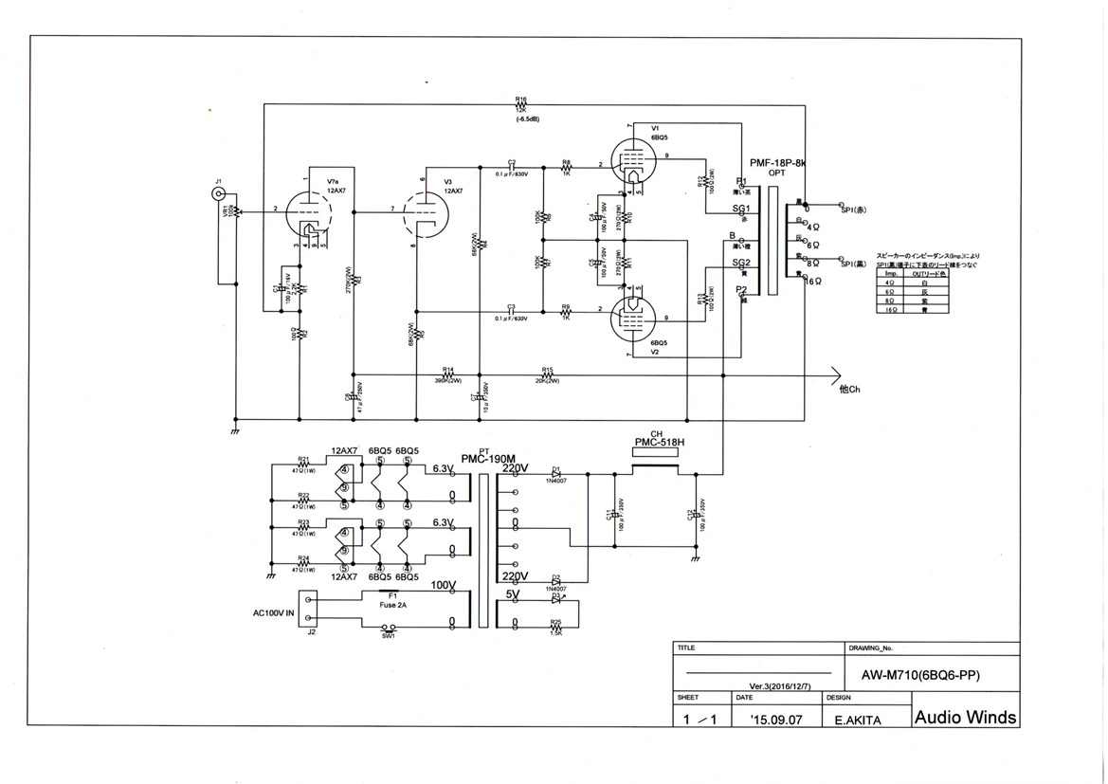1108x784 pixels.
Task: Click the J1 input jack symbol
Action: pos(219,196)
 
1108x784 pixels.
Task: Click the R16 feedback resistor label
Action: pos(520,99)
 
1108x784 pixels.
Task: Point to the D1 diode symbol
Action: pos(557,474)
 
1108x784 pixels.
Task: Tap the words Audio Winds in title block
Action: pos(965,717)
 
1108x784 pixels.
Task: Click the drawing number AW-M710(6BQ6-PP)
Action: pos(919,676)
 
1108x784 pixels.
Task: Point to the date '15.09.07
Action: pos(774,720)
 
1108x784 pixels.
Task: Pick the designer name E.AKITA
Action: pos(858,720)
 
